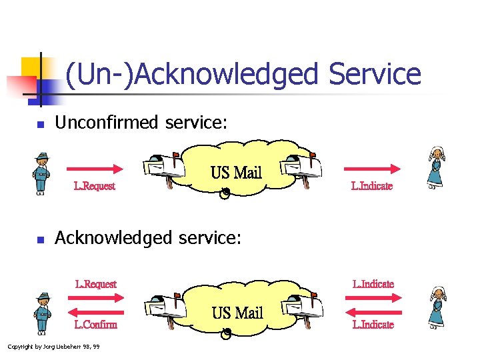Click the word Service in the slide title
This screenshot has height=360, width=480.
(375, 74)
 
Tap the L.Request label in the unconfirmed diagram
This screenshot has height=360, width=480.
(95, 186)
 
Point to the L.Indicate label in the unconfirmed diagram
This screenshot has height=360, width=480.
(372, 186)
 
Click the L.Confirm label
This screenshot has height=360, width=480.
(96, 325)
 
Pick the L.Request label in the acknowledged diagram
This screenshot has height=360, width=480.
(96, 284)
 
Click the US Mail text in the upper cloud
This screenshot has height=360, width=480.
(236, 173)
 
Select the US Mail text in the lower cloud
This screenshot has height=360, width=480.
(237, 313)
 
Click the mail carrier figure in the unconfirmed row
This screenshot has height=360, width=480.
(42, 173)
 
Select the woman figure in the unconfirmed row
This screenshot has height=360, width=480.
(436, 168)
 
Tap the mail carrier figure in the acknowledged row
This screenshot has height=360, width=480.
(43, 312)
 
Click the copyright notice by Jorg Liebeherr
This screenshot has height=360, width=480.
(53, 347)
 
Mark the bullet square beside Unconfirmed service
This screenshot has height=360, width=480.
(40, 124)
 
